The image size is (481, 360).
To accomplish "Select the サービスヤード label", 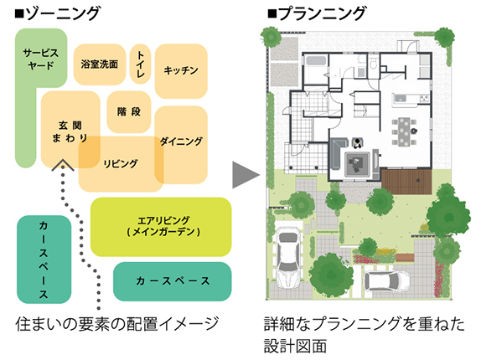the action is (41, 59).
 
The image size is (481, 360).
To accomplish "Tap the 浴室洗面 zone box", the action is (100, 64).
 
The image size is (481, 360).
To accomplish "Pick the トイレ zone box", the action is (140, 64).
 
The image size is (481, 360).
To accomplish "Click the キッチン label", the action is (181, 70).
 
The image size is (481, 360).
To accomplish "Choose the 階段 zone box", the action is (129, 111).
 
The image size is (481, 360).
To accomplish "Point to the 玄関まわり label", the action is (70, 131).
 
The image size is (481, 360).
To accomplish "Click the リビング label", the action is (121, 163).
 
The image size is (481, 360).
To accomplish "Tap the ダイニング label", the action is (181, 141).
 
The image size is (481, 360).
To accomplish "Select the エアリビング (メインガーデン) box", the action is (161, 227).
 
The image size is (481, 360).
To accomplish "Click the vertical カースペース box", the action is (44, 260).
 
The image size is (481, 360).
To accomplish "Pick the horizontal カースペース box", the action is (173, 281).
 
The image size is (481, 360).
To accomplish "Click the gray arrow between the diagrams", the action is (246, 175).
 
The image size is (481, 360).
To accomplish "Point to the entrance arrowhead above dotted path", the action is (63, 165).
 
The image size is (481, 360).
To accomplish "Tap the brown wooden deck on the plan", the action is (406, 182).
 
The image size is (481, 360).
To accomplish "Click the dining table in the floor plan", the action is (404, 131).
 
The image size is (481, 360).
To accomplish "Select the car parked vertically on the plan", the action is (288, 258).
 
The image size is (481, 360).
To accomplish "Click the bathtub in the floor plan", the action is (316, 60).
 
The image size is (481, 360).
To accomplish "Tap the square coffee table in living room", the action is (356, 164).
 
